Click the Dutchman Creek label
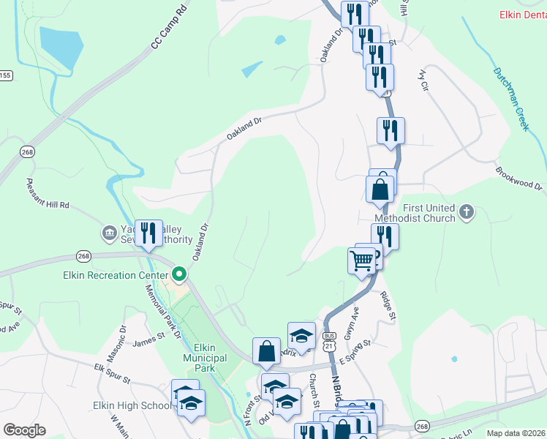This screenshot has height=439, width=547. (x=510, y=99)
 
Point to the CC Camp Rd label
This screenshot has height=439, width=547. (x=169, y=34)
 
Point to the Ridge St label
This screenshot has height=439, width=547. (x=388, y=306)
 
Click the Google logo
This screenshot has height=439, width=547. (x=24, y=430)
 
